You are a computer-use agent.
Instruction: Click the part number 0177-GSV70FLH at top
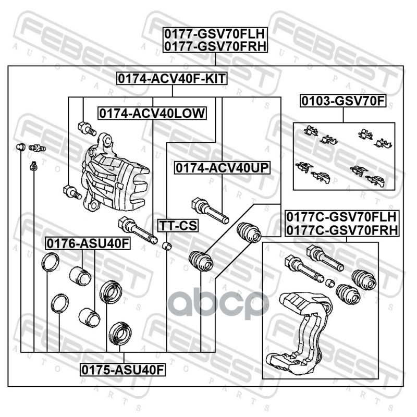tap(214, 34)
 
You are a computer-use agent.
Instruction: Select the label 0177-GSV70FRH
tap(214, 46)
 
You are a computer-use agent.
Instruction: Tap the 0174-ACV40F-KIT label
tap(173, 79)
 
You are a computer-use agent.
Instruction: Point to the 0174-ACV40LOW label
tap(152, 113)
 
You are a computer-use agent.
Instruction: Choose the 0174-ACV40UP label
tap(223, 168)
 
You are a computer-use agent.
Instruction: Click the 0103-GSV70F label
tap(342, 101)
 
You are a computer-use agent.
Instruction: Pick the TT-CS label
tap(173, 226)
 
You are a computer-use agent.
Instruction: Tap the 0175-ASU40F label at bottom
tap(122, 370)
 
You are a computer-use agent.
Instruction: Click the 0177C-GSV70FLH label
tap(341, 217)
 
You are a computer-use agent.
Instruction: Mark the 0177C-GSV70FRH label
tap(341, 229)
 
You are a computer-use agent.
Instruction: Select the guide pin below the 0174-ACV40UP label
tap(209, 208)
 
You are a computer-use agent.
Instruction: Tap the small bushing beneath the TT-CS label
tap(167, 245)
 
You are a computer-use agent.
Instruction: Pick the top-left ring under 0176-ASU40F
tap(51, 262)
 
